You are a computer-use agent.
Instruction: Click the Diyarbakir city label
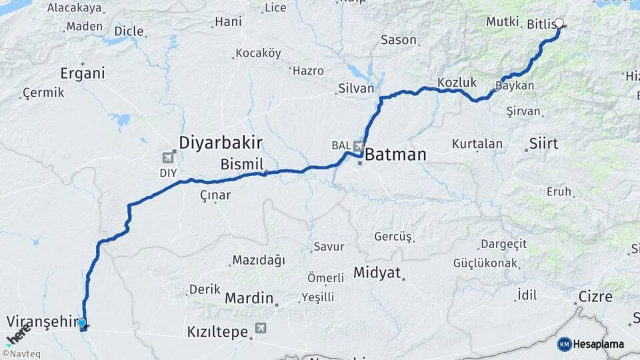click(x=221, y=142)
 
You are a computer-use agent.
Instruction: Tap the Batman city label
click(x=395, y=155)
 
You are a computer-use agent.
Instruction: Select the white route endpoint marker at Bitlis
click(x=559, y=23)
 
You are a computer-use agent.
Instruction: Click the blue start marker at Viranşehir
click(x=82, y=324)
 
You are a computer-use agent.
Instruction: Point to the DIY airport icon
click(x=167, y=158)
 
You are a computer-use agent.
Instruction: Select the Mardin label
click(x=249, y=297)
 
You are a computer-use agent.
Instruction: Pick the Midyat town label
click(x=377, y=273)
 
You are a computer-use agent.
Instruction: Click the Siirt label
click(x=543, y=143)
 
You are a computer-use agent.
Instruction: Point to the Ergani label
click(x=83, y=73)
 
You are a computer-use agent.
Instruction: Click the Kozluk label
click(x=457, y=83)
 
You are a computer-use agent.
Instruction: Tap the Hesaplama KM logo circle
click(x=565, y=344)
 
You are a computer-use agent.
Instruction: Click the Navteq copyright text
click(x=21, y=354)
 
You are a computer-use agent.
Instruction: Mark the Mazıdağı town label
click(x=258, y=260)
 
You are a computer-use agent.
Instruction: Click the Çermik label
click(x=43, y=93)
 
